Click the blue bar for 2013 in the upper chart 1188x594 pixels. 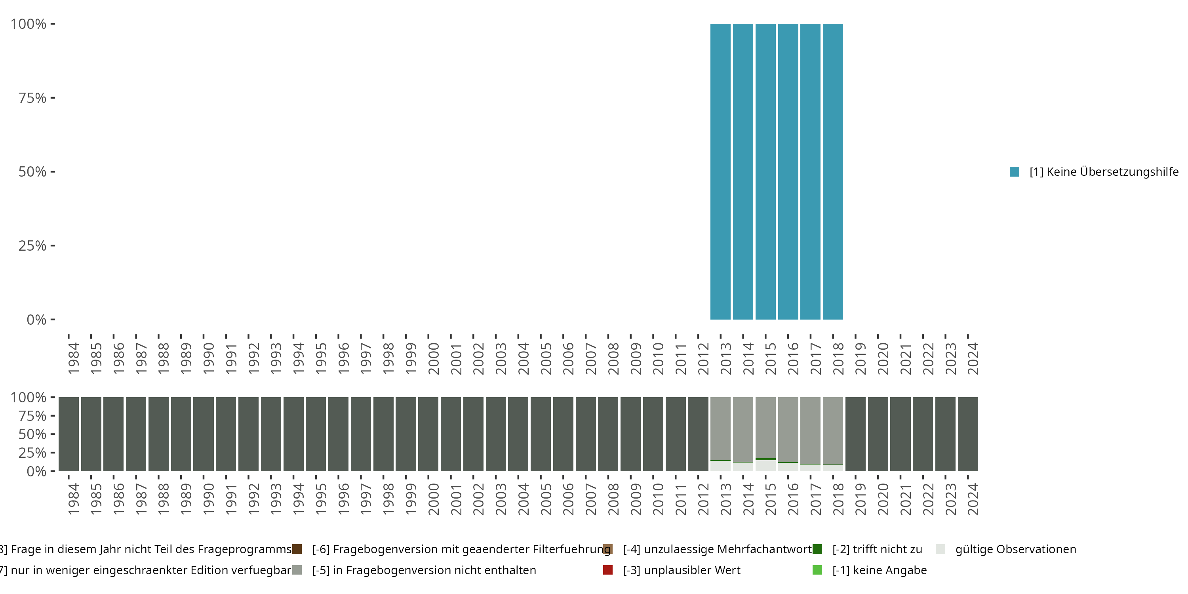tap(720, 171)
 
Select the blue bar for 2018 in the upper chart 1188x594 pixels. tap(832, 171)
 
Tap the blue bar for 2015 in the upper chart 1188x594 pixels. tap(765, 171)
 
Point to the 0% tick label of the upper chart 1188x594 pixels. tap(36, 320)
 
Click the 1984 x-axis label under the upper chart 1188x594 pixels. tap(73, 358)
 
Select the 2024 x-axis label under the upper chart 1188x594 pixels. tap(973, 358)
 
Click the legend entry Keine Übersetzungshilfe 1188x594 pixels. tap(1104, 171)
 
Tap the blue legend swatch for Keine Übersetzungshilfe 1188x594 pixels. tap(1014, 171)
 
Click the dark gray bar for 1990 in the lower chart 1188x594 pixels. tap(204, 434)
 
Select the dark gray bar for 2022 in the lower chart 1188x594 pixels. tap(922, 434)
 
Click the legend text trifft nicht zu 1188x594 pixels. tap(877, 549)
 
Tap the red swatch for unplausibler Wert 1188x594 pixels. tap(608, 570)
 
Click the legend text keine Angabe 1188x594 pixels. tap(879, 570)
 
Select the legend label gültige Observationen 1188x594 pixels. tap(1015, 549)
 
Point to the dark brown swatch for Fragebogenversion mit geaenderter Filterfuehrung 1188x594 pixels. tap(297, 549)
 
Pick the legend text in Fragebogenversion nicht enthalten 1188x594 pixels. tap(423, 570)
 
